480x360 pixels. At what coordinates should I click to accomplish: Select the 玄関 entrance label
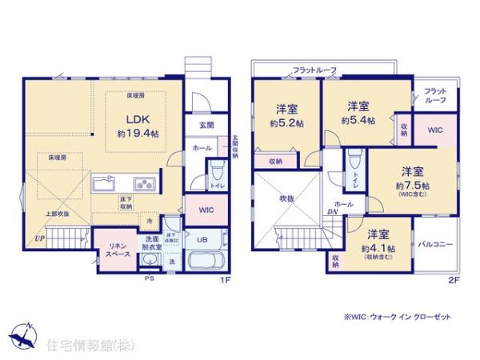pyautogui.click(x=206, y=126)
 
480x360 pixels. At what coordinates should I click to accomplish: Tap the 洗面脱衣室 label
pyautogui.click(x=152, y=243)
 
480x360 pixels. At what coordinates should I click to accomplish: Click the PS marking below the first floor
pyautogui.click(x=148, y=279)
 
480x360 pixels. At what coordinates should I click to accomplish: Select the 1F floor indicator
pyautogui.click(x=226, y=280)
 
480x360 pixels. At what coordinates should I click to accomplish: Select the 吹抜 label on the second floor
pyautogui.click(x=286, y=196)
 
